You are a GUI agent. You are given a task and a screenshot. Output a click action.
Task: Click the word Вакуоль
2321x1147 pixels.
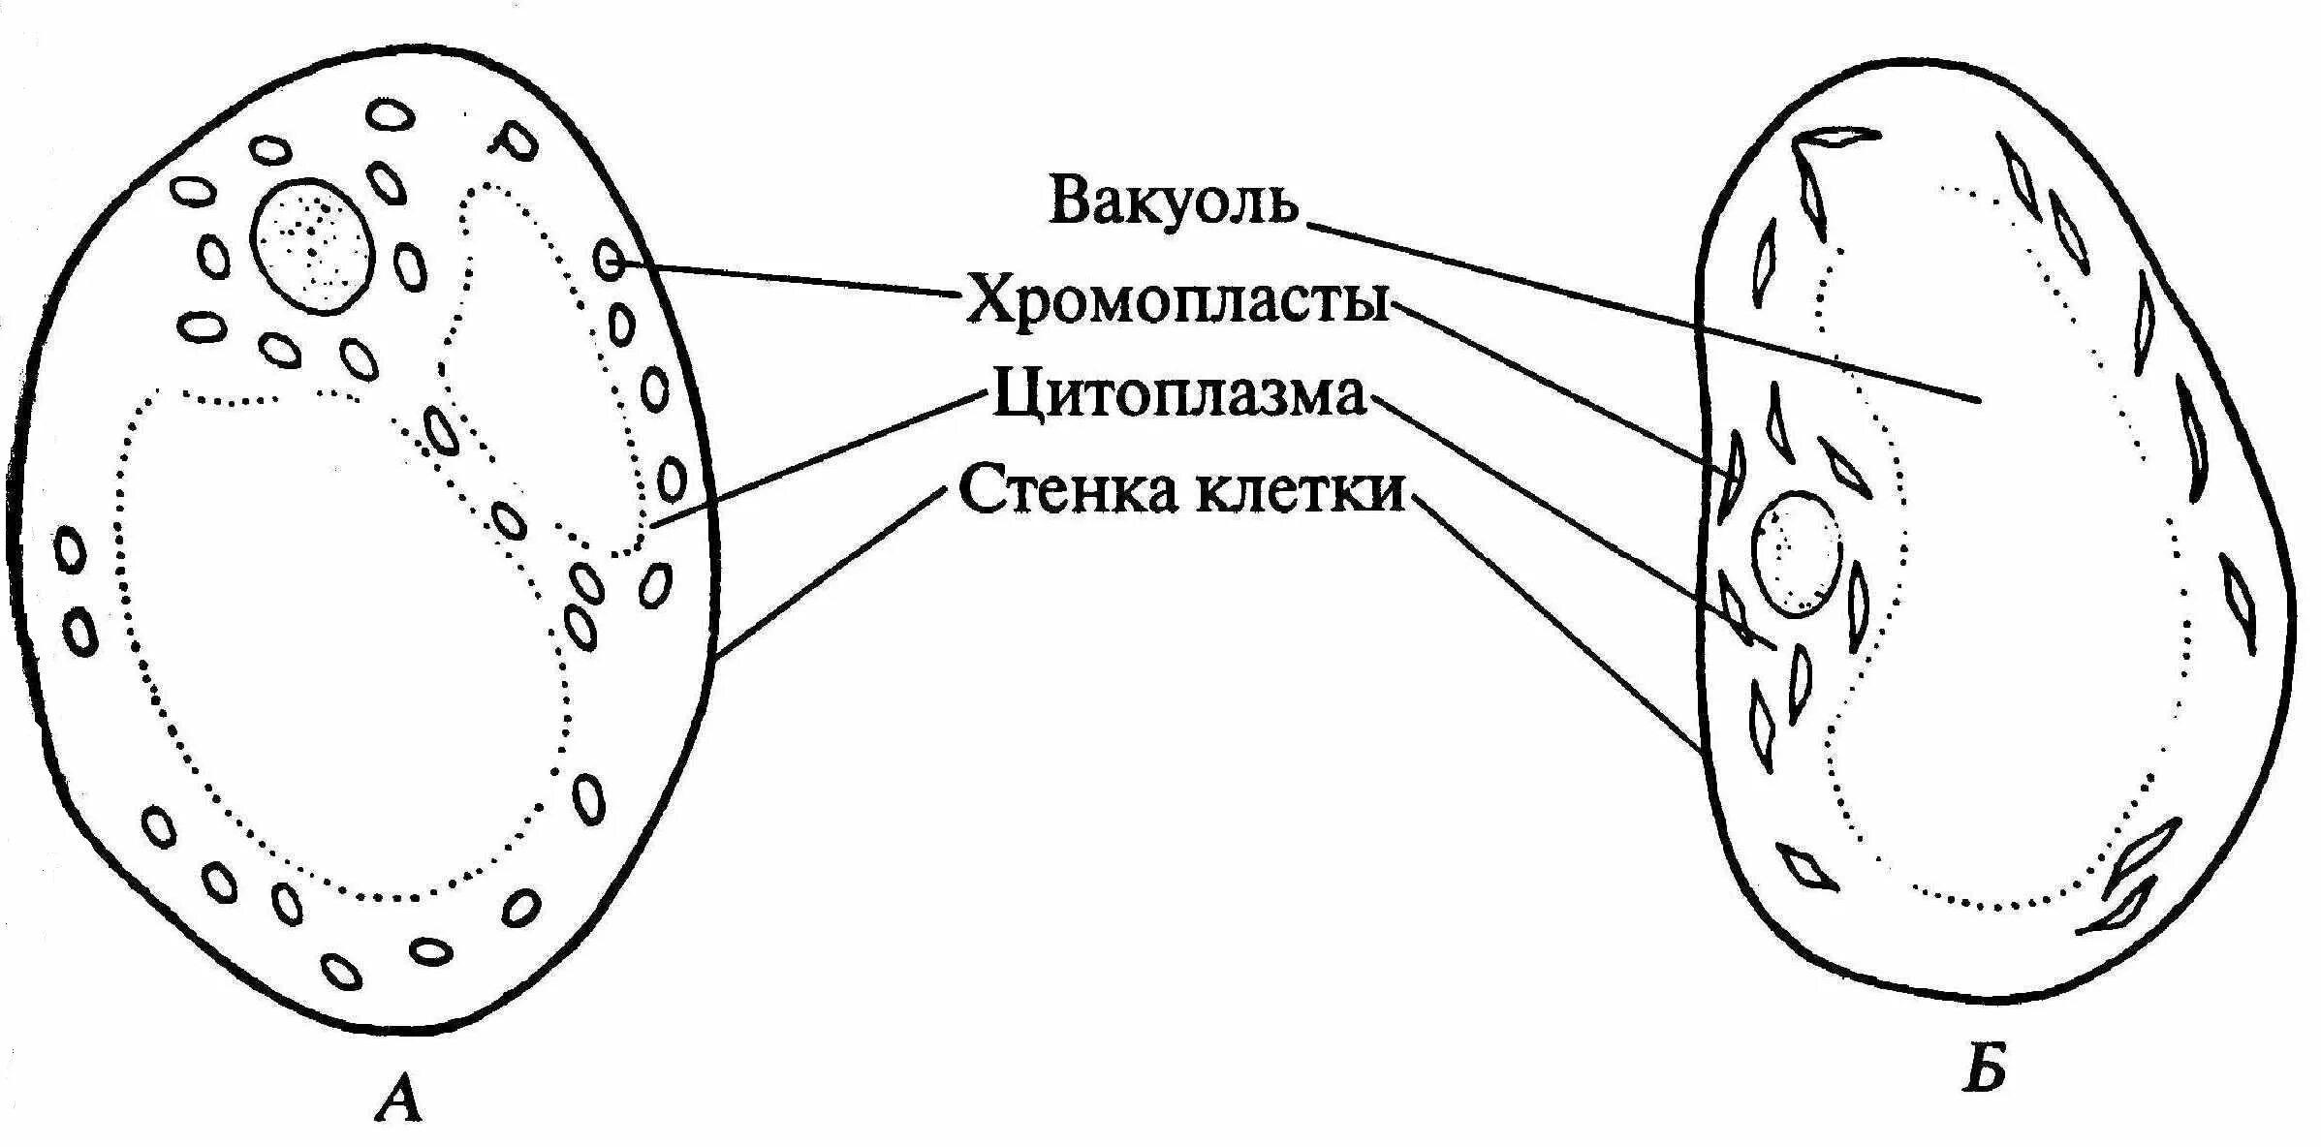pyautogui.click(x=1173, y=201)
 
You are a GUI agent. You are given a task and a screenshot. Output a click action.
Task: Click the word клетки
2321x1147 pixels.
pyautogui.click(x=1299, y=490)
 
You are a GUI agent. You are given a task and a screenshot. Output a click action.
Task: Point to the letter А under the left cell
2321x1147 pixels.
pyautogui.click(x=399, y=1100)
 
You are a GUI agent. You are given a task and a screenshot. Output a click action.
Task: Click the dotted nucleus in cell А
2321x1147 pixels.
pyautogui.click(x=311, y=246)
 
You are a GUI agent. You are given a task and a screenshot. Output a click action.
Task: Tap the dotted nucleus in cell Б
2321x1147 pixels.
pyautogui.click(x=1796, y=554)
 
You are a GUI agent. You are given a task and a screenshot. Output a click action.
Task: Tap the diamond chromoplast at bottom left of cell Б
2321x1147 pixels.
pyautogui.click(x=1807, y=867)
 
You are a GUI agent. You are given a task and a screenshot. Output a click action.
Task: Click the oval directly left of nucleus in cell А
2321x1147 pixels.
pyautogui.click(x=214, y=257)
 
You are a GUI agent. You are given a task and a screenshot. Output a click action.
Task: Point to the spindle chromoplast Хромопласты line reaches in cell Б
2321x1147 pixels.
pyautogui.click(x=1732, y=475)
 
